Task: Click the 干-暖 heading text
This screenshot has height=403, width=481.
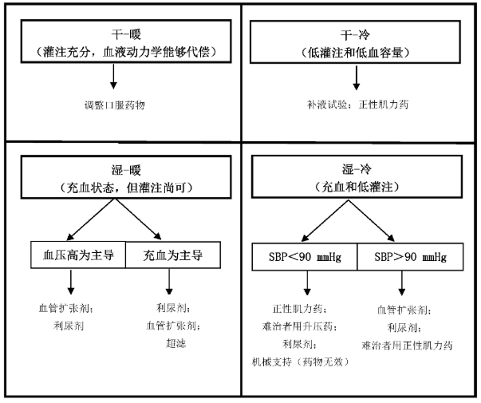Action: pyautogui.click(x=126, y=34)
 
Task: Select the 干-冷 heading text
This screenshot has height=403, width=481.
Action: pyautogui.click(x=355, y=35)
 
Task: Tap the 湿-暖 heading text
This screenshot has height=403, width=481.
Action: pyautogui.click(x=126, y=170)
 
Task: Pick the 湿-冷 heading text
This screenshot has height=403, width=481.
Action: pyautogui.click(x=357, y=169)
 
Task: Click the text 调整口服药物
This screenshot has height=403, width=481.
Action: pyautogui.click(x=114, y=105)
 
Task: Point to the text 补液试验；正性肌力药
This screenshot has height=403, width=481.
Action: pyautogui.click(x=357, y=105)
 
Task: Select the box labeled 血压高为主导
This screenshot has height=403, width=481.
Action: pyautogui.click(x=78, y=255)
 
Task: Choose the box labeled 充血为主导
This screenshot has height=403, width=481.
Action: pyautogui.click(x=173, y=255)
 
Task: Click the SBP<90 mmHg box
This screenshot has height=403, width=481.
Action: pyautogui.click(x=305, y=257)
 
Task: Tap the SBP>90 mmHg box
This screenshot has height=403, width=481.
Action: pyautogui.click(x=410, y=257)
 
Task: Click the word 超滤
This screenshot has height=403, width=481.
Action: pyautogui.click(x=175, y=343)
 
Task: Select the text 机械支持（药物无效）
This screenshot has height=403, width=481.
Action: pyautogui.click(x=300, y=362)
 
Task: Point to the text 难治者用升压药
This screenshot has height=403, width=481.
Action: pyautogui.click(x=299, y=326)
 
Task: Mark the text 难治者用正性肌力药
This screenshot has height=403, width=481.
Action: pyautogui.click(x=407, y=346)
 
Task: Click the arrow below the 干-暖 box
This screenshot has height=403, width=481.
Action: pyautogui.click(x=113, y=76)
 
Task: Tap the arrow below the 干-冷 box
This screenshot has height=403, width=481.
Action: pyautogui.click(x=356, y=78)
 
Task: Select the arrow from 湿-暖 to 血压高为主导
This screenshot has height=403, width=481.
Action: pyautogui.click(x=91, y=219)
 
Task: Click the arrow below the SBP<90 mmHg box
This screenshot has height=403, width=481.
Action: pyautogui.click(x=307, y=283)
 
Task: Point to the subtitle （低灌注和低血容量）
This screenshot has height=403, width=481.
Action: pyautogui.click(x=355, y=53)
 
